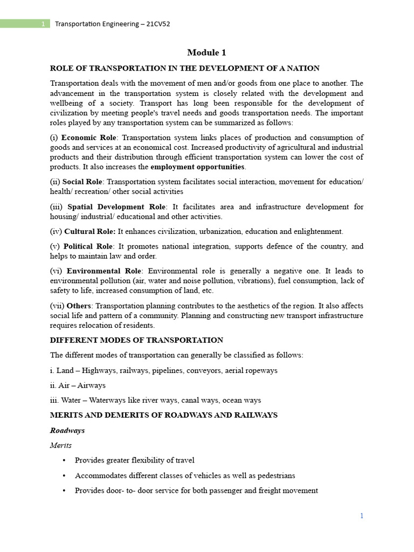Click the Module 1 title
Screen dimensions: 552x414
pyautogui.click(x=206, y=52)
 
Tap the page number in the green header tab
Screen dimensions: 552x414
pyautogui.click(x=43, y=24)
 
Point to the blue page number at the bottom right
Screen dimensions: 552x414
pyautogui.click(x=362, y=516)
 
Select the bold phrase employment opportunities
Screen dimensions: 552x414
pyautogui.click(x=198, y=167)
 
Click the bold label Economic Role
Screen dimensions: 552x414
pyautogui.click(x=88, y=137)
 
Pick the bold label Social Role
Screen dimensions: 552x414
pyautogui.click(x=82, y=182)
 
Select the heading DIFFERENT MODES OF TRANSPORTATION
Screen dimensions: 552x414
pyautogui.click(x=136, y=340)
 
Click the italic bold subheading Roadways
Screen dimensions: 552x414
pyautogui.click(x=67, y=430)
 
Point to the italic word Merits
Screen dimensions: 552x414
pyautogui.click(x=61, y=445)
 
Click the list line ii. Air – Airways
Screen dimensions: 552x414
pyautogui.click(x=78, y=385)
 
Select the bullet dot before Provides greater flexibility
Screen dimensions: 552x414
pyautogui.click(x=64, y=460)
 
